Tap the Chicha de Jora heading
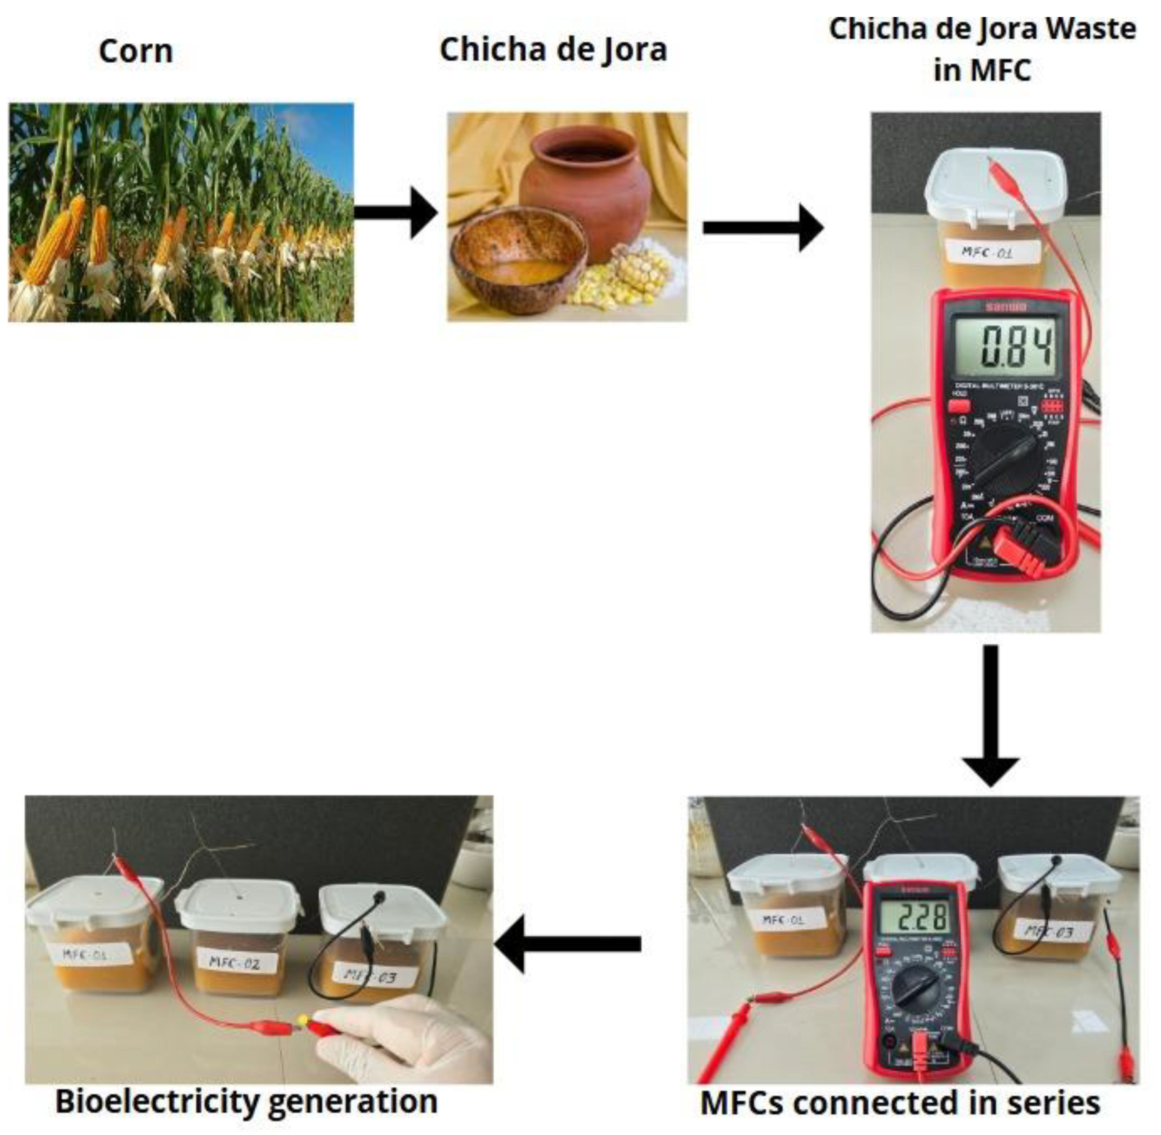pos(553,50)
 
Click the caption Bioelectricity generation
pos(246,1102)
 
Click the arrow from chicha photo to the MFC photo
pos(763,227)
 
